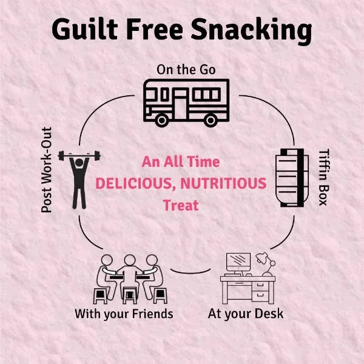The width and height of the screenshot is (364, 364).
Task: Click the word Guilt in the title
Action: coord(85,29)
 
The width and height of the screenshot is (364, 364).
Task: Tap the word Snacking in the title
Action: coord(251,32)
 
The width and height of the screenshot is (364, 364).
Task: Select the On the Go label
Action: coord(186,70)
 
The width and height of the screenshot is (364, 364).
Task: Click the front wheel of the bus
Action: coord(162,120)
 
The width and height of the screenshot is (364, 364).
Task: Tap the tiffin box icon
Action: coord(292,178)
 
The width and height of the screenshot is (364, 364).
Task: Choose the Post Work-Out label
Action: coord(47,170)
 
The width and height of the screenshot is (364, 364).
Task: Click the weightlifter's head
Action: coord(79,163)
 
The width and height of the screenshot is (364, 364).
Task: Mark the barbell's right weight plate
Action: coord(97,156)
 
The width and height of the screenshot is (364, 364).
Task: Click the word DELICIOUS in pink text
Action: coord(135,184)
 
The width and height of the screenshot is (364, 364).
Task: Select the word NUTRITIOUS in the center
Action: coord(223,183)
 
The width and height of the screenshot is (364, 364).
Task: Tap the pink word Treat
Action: coord(181,205)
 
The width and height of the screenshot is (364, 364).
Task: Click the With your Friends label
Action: coord(124,314)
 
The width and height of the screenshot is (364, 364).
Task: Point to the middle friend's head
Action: coord(130,260)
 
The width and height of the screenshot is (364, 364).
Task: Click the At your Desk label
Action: coord(246,314)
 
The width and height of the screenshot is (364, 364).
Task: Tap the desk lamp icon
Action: coord(266,264)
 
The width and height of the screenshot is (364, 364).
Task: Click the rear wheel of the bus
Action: coord(211,120)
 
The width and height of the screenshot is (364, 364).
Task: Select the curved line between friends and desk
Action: coord(190,271)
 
